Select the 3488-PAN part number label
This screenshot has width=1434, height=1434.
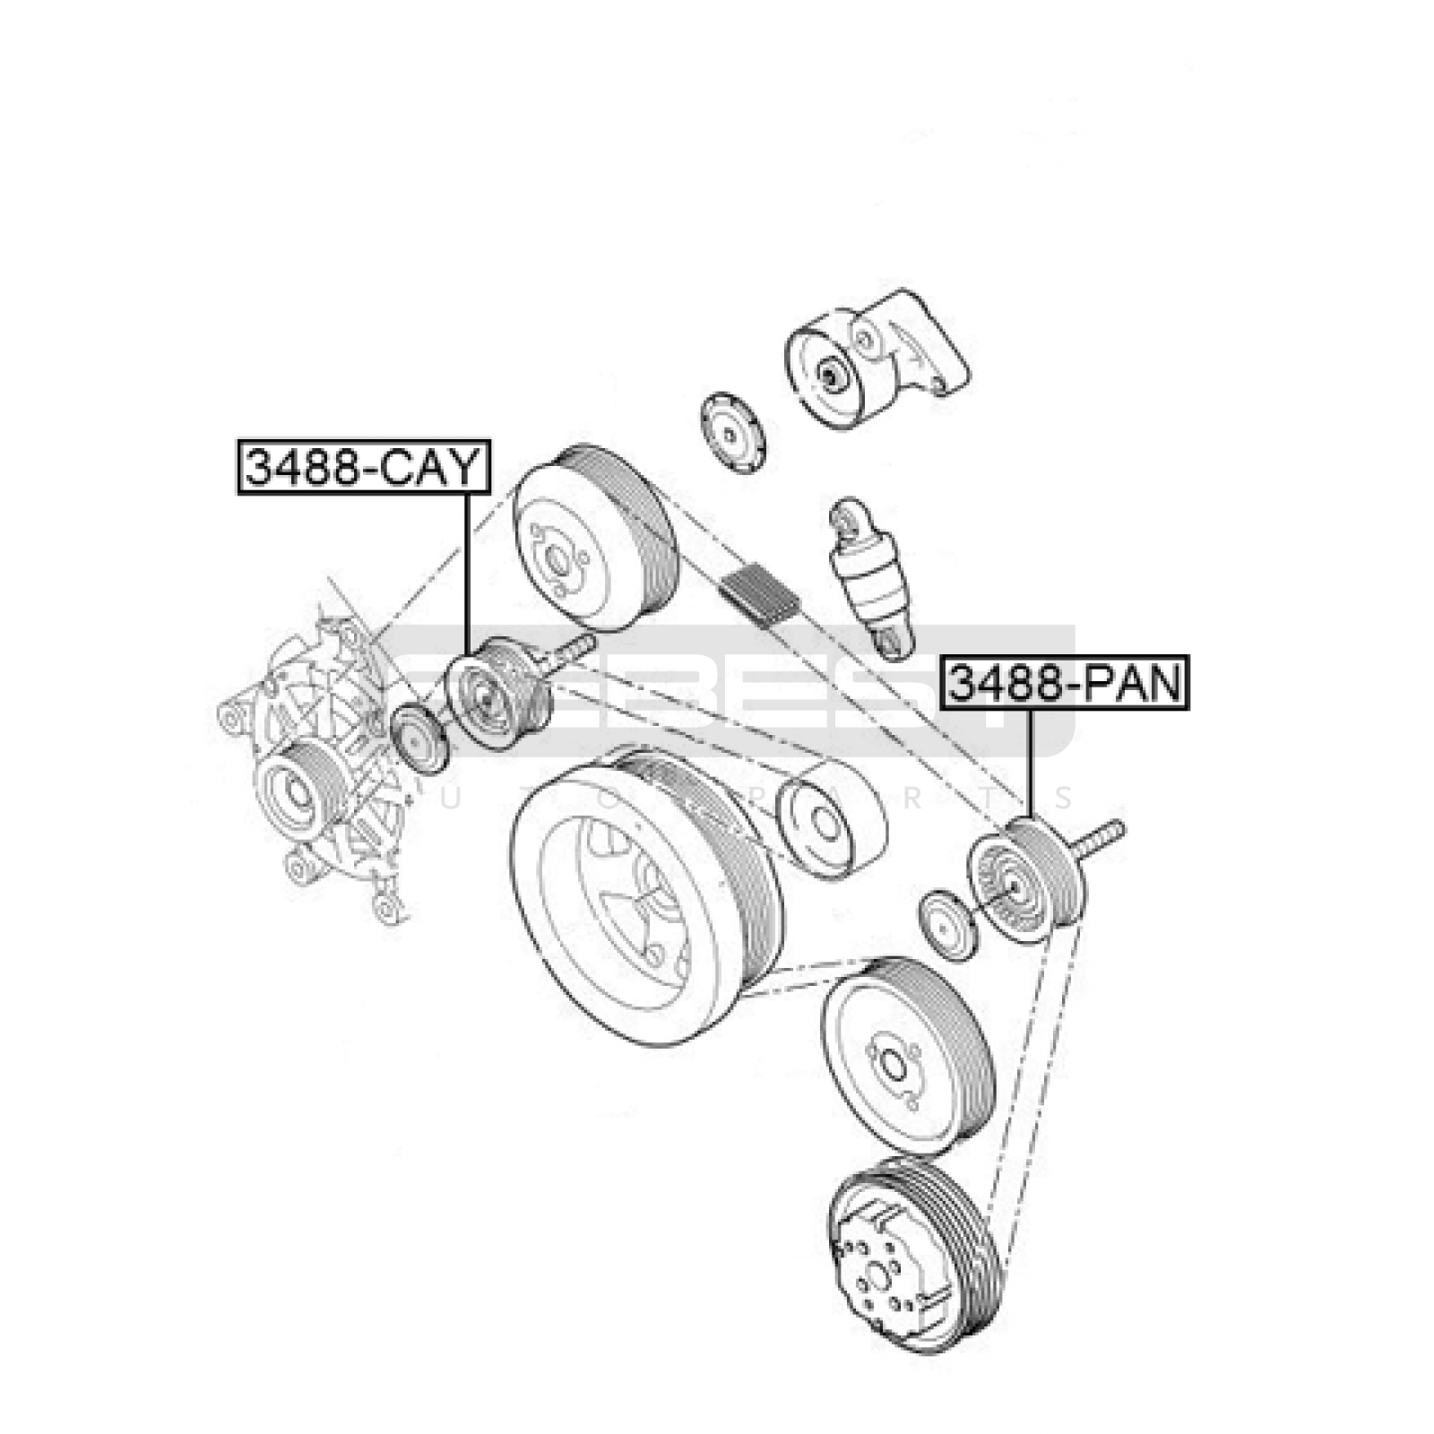1066,684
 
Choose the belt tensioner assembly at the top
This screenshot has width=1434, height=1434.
874,358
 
